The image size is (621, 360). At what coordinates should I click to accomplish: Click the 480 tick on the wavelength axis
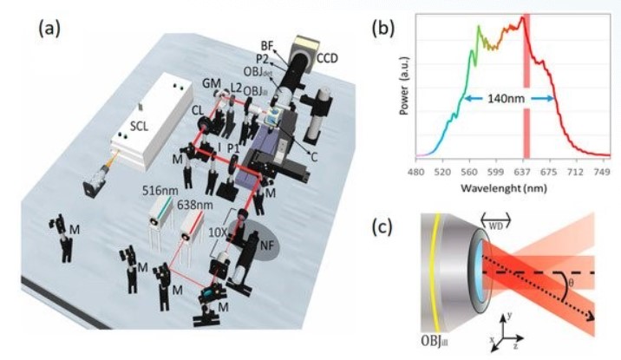[x=420, y=172]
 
